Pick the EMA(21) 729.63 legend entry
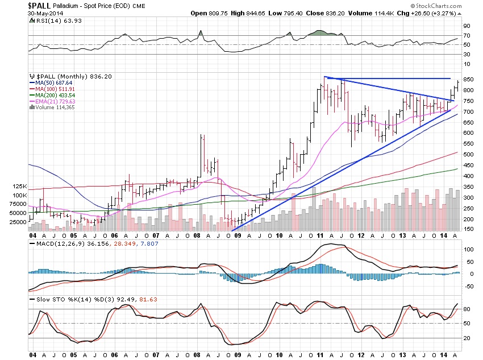(56, 102)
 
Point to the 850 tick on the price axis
(468, 79)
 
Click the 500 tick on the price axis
(468, 154)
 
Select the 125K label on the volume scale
(19, 186)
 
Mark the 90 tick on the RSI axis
(466, 26)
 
